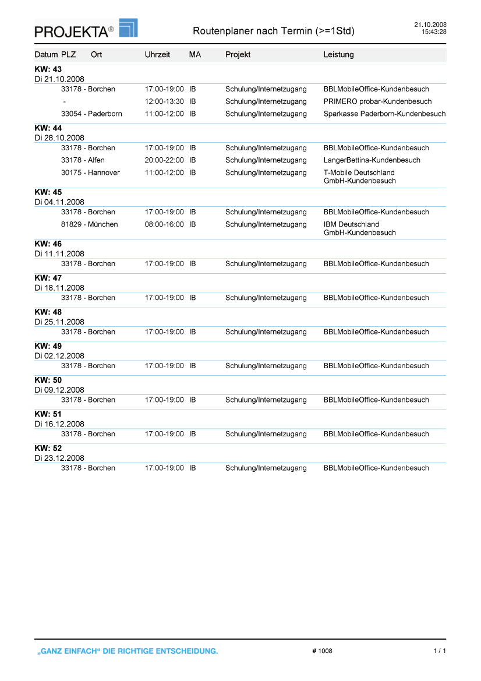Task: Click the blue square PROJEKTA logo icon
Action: [128, 27]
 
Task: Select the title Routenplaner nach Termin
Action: [273, 31]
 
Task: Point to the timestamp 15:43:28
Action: [434, 31]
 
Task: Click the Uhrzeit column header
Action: [157, 55]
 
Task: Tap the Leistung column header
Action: [338, 55]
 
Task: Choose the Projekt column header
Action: [238, 55]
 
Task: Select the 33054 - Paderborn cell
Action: [91, 114]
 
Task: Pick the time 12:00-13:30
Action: [164, 101]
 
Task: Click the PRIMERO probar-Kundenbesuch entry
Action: [377, 101]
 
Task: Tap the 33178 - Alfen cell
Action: [83, 160]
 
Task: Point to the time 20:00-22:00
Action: [164, 160]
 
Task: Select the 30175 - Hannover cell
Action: [90, 172]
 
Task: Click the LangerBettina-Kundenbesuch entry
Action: [372, 160]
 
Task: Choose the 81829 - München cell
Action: [89, 224]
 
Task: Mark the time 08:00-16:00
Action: [164, 224]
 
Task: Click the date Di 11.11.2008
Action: [59, 254]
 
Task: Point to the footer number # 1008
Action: [322, 651]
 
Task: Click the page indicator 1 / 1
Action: [440, 651]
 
